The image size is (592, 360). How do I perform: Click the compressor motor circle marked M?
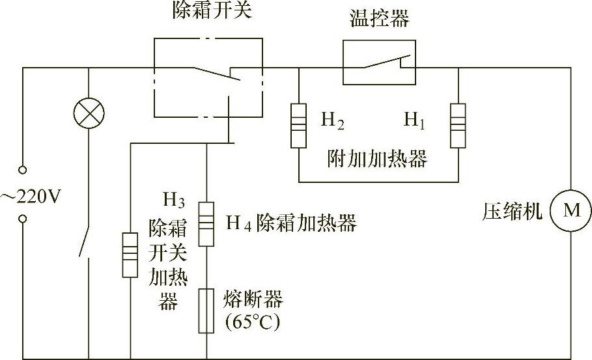tap(571, 210)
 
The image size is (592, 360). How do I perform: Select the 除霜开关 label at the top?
tap(208, 11)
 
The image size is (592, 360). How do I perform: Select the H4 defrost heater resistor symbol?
tap(206, 223)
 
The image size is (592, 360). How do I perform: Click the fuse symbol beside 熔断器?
tap(206, 311)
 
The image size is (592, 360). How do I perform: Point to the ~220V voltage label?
tap(31, 195)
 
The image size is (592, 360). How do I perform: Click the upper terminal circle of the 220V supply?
tap(23, 171)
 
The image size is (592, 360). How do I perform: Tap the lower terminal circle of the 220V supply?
tap(23, 220)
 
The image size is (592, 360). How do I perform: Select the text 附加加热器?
tap(378, 159)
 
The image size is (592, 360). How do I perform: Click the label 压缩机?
tap(513, 212)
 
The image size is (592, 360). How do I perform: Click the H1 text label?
tap(414, 120)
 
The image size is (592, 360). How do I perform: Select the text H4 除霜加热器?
tap(291, 223)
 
